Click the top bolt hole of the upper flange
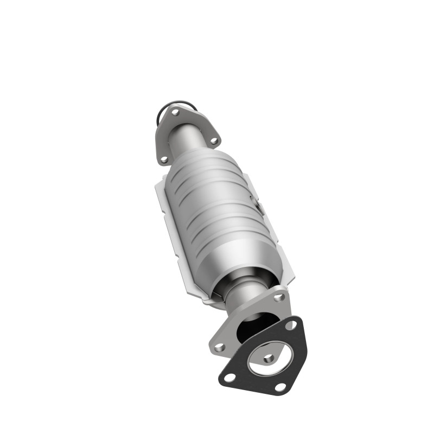coord(175,113)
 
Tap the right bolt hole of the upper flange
coord(213,141)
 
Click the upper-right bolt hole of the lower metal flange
coord(279,297)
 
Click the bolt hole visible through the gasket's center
coord(267,359)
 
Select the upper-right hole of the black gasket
coord(292,325)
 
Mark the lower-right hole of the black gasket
coord(280,387)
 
